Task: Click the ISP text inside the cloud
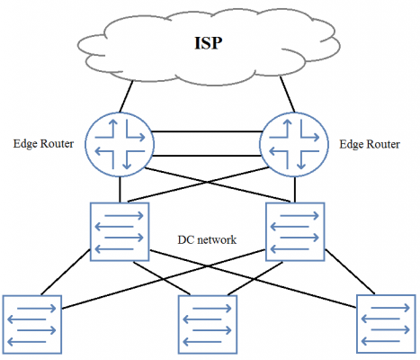point(209,43)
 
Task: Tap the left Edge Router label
point(43,144)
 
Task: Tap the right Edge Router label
point(370,144)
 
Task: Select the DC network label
point(207,240)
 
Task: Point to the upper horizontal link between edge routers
point(207,131)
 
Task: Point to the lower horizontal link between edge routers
point(207,156)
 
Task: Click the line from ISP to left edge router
point(126,96)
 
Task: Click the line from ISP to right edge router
point(288,94)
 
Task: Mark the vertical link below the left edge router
point(120,190)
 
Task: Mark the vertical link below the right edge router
point(295,190)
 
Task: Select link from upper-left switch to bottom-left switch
point(66,272)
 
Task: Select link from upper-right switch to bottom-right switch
point(350,272)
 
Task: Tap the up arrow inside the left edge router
point(113,128)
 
